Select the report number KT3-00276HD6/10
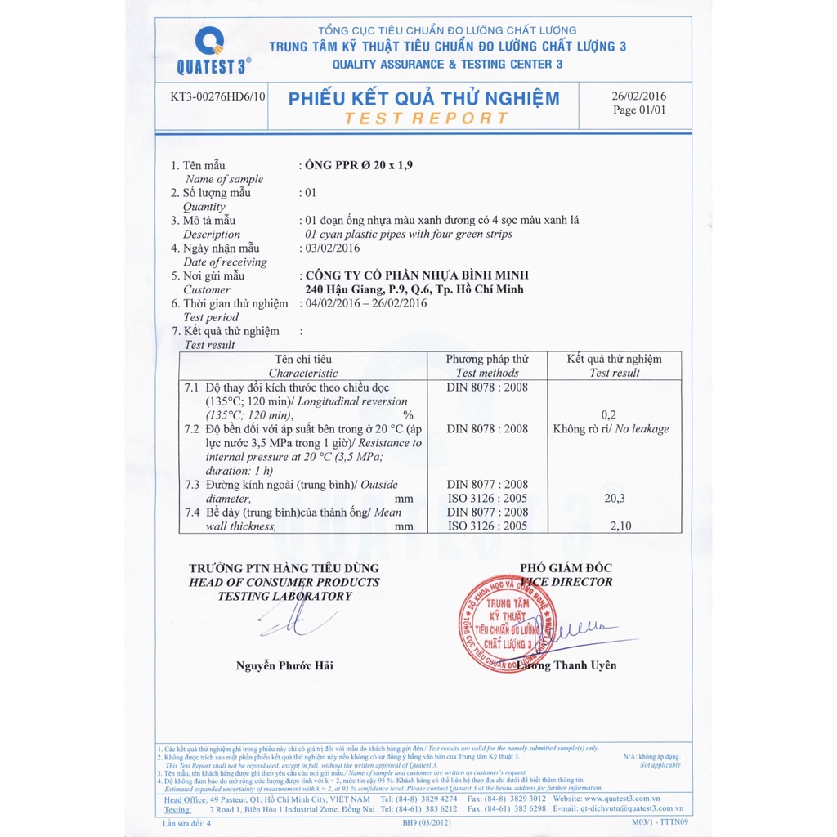218,96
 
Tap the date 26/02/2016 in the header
639,96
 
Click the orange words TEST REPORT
426,119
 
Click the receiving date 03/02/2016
332,248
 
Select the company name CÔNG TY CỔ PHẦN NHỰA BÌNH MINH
416,275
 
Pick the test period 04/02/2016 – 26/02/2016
365,303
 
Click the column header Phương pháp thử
487,359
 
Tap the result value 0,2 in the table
608,415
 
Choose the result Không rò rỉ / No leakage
611,429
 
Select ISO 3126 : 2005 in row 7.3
487,498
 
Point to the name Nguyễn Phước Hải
284,665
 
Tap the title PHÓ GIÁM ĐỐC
566,568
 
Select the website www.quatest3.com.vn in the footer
618,798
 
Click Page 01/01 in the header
639,110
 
